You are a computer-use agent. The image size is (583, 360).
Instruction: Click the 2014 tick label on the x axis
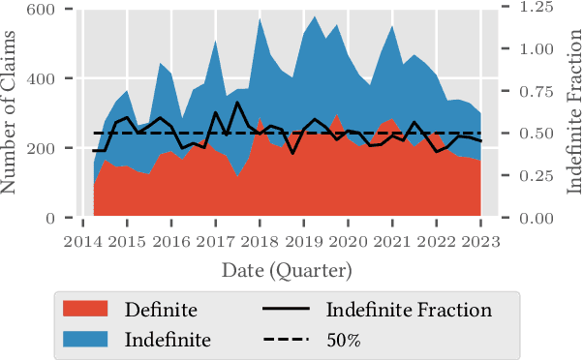pyautogui.click(x=82, y=241)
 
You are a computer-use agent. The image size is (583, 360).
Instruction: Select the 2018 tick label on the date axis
pyautogui.click(x=259, y=241)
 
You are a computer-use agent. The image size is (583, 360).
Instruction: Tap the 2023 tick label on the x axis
pyautogui.click(x=480, y=241)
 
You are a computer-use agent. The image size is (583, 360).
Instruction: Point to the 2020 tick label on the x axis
pyautogui.click(x=348, y=241)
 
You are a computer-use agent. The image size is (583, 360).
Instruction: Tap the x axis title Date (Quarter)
pyautogui.click(x=287, y=269)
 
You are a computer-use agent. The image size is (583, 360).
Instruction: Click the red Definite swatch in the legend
pyautogui.click(x=84, y=310)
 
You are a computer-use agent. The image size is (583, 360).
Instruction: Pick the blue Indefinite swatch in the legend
pyautogui.click(x=84, y=340)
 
